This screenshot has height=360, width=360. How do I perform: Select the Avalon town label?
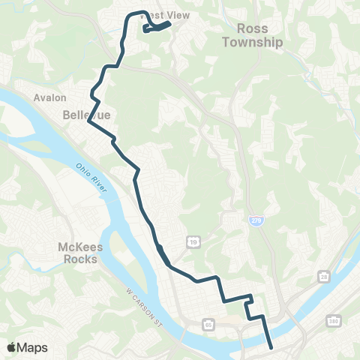click(x=50, y=97)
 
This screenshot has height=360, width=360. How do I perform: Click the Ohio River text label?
click(x=91, y=177)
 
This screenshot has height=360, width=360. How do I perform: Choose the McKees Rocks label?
click(x=78, y=253)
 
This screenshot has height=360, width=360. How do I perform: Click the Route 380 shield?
click(x=332, y=321)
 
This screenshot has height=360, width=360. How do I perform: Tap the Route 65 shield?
click(x=208, y=324)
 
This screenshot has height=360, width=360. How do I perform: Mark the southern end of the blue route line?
click(x=270, y=346)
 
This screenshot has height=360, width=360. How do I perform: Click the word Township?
click(x=252, y=43)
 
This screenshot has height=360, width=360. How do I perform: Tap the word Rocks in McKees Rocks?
click(x=78, y=259)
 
